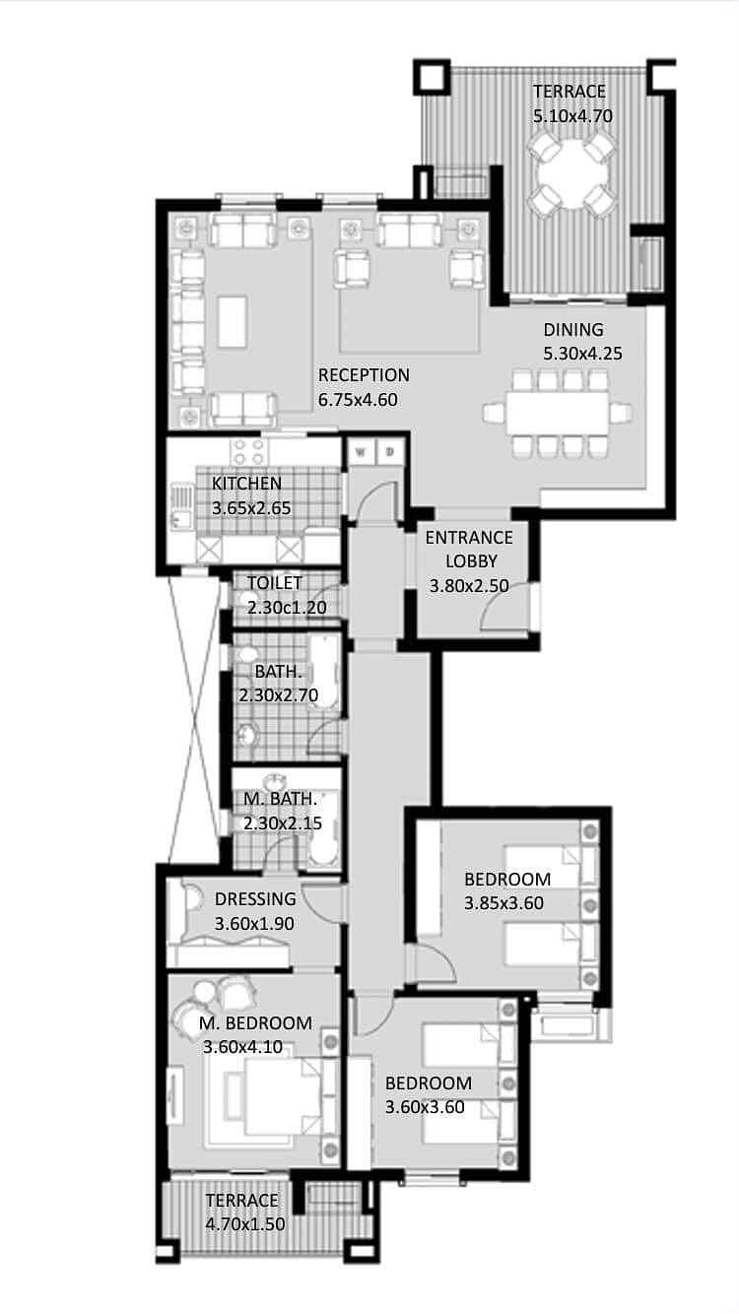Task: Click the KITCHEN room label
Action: [x=246, y=484]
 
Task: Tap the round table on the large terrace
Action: [x=572, y=174]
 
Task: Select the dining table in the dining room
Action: [x=558, y=414]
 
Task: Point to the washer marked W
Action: [x=361, y=452]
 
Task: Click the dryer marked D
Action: [x=389, y=452]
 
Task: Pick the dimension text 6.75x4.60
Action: [x=358, y=400]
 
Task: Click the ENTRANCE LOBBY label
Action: [x=469, y=549]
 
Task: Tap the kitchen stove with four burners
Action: [x=249, y=452]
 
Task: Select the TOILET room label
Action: [x=274, y=583]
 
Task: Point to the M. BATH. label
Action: [x=280, y=799]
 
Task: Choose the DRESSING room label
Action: [x=255, y=898]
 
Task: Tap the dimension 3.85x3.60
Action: [x=504, y=903]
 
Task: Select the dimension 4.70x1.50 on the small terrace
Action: [x=245, y=1224]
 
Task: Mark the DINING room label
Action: [x=573, y=330]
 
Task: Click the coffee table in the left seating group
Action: [x=233, y=322]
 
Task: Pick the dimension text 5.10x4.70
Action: [x=572, y=116]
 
